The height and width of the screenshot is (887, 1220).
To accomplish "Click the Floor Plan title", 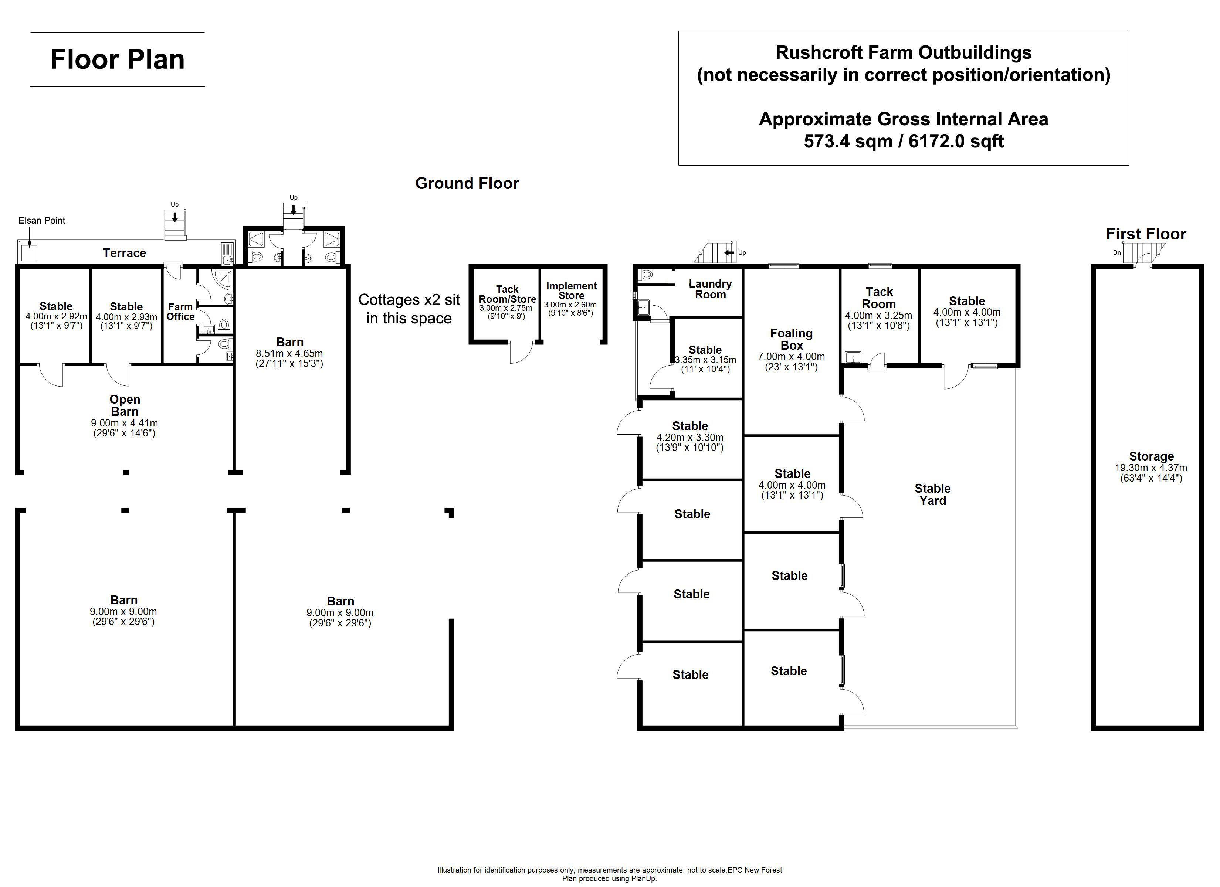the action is pos(117,59).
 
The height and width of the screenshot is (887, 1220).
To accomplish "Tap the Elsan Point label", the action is pos(42,221).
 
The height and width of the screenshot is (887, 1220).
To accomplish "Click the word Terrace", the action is pos(124,253).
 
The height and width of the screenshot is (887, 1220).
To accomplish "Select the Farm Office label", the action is pos(180,312).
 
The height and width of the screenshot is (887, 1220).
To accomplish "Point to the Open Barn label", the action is pos(125,405).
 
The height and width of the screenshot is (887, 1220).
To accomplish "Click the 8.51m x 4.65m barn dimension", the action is pos(289,353).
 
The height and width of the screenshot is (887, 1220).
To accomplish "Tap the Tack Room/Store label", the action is pos(507,294).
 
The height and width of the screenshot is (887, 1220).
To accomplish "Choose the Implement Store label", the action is pos(571,290).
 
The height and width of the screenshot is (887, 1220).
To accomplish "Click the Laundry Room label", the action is pos(710,289).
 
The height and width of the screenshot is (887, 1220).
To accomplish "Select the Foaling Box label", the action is pos(791,339).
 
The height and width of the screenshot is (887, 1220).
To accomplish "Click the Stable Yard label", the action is pos(933,495).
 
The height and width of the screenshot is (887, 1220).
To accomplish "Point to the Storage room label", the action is pos(1151,456).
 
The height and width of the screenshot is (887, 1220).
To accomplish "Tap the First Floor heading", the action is pos(1146,234).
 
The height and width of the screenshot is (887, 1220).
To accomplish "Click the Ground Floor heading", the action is pos(467,183).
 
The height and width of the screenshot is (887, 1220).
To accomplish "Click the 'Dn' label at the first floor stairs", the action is pos(1117,252).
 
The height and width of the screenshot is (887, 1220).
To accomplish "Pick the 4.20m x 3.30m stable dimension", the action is pos(689,437).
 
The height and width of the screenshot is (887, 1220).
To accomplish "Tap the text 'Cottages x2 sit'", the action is pos(409,300).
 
